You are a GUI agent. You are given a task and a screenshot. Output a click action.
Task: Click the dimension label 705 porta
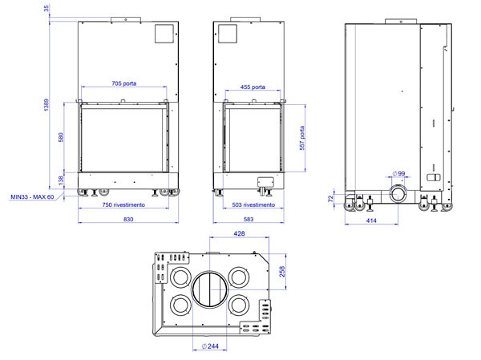click(x=123, y=83)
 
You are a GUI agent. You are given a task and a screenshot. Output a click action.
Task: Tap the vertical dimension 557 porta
click(x=301, y=140)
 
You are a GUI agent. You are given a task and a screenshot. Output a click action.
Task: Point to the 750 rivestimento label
click(x=123, y=204)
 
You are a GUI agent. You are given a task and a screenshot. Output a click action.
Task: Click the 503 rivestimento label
click(x=253, y=204)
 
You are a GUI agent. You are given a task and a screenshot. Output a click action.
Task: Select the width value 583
click(x=249, y=219)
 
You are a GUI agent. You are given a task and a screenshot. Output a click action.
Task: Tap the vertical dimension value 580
click(x=62, y=137)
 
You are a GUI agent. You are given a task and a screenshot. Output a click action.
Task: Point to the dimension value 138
click(x=62, y=180)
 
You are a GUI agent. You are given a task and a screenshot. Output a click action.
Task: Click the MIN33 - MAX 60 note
click(x=32, y=196)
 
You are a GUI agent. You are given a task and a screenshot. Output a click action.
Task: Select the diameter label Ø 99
click(x=398, y=174)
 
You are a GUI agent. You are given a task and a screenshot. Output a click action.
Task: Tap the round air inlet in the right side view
click(x=398, y=194)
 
